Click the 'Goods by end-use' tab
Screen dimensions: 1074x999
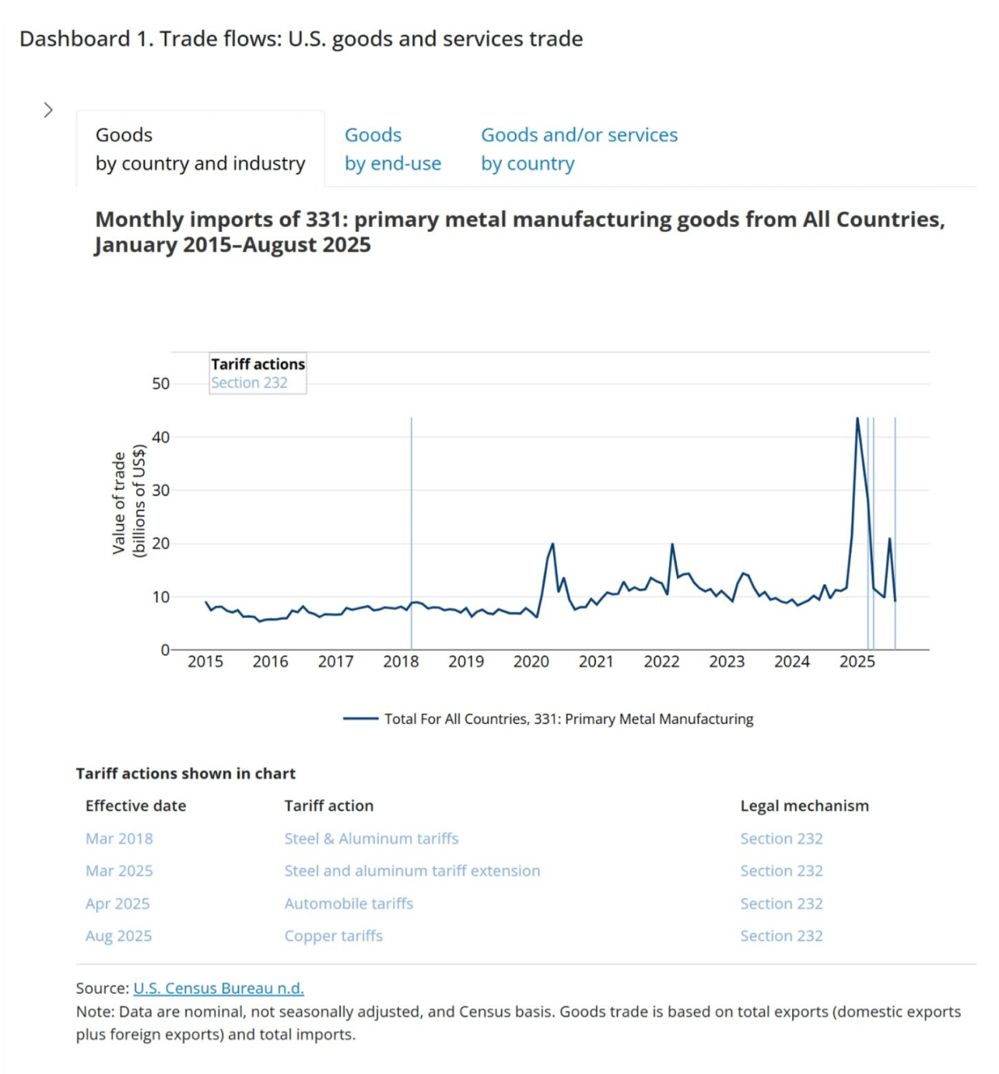[392, 149]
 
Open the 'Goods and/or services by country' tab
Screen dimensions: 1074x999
[579, 149]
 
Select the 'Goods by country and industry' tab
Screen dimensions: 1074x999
[200, 149]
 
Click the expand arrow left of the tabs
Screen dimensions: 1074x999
[48, 110]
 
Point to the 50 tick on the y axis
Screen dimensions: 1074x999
[160, 384]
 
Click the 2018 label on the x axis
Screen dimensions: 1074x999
[400, 662]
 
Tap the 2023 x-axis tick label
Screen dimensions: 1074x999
[726, 662]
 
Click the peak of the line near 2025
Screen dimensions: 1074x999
[857, 419]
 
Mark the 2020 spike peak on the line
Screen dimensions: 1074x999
[553, 544]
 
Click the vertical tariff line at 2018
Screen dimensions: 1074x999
[411, 501]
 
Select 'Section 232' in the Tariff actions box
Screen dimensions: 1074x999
[249, 383]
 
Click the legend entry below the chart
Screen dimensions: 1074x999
[549, 719]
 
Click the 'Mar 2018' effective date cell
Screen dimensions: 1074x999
[119, 838]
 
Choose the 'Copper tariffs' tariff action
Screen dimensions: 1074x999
[333, 936]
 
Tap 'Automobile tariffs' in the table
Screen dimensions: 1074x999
[348, 904]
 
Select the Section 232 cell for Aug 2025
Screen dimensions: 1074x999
[781, 936]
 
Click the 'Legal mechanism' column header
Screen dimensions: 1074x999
[804, 805]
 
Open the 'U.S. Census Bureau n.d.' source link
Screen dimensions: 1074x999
[218, 988]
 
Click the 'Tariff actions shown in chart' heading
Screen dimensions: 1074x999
[185, 773]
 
